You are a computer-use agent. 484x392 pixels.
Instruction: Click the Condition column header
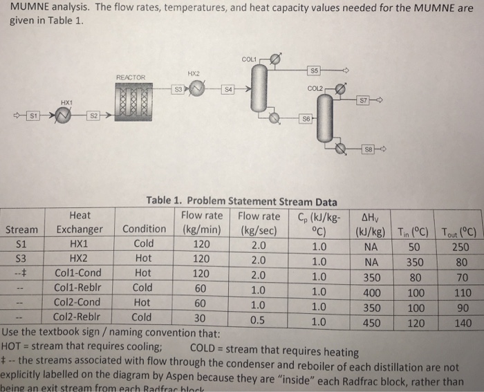(145, 230)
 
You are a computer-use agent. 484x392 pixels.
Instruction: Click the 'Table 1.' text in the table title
(169, 202)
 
